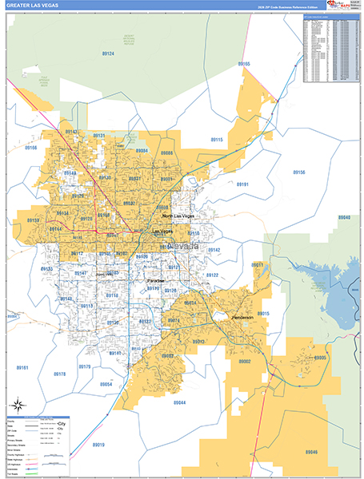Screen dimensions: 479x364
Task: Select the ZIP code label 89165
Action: tap(244, 63)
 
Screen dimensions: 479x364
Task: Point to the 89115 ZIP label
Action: tap(217, 140)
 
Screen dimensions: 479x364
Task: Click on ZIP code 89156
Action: tap(298, 172)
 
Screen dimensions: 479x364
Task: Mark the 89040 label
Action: tap(344, 217)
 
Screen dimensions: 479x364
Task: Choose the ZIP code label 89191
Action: tap(243, 184)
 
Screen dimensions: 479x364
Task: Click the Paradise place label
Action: tap(156, 282)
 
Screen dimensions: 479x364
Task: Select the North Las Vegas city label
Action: tap(178, 216)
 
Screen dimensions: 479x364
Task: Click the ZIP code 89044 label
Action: tap(178, 402)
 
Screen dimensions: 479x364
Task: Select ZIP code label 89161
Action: tap(22, 368)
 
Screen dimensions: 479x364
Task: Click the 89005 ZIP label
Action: tap(320, 358)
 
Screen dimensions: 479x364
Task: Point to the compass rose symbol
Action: tap(22, 407)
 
